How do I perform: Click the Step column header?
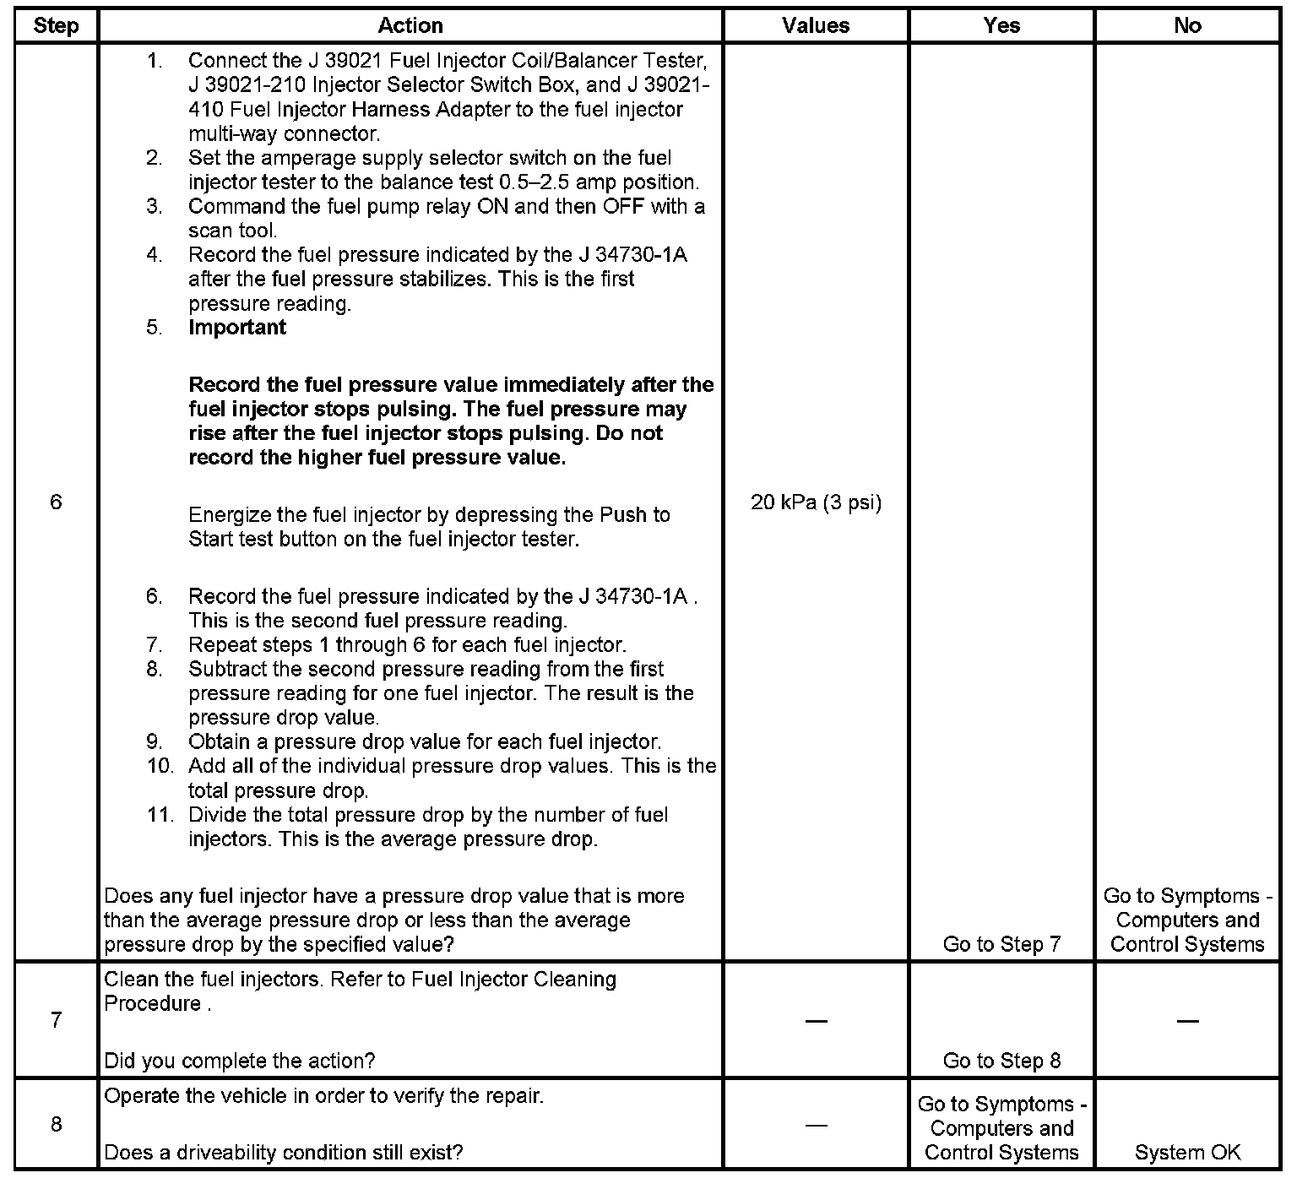click(56, 26)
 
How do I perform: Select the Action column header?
click(410, 26)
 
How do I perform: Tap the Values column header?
click(816, 26)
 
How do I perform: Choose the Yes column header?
click(1001, 26)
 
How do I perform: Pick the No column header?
click(1187, 26)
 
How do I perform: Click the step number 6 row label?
click(56, 502)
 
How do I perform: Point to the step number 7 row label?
click(56, 1020)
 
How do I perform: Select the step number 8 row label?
click(56, 1125)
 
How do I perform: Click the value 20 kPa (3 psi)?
click(816, 503)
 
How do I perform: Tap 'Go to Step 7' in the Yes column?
click(1001, 944)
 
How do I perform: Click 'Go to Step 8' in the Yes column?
click(1001, 1061)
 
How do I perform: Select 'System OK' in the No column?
click(1187, 1153)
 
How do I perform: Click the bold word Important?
click(237, 328)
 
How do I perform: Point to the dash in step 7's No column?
click(1187, 1021)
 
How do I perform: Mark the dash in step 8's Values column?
click(816, 1125)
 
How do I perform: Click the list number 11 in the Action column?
click(160, 815)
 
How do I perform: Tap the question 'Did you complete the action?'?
click(240, 1061)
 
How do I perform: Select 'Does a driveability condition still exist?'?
click(283, 1153)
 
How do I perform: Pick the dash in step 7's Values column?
click(816, 1021)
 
